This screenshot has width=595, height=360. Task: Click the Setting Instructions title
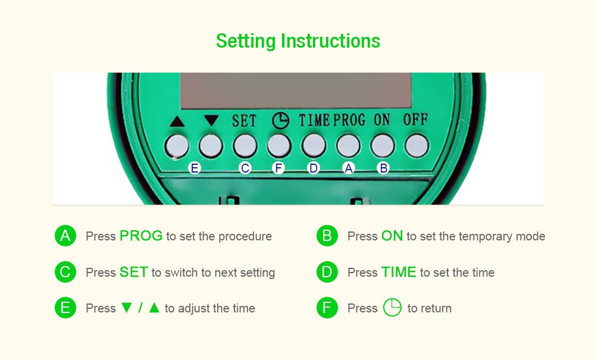coord(297,41)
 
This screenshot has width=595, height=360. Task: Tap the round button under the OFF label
coord(416,145)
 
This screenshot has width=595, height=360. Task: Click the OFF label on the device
coord(415,119)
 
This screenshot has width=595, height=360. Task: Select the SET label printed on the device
coord(244,120)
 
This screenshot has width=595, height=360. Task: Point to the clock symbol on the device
coord(280,120)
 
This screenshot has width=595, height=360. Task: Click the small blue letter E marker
coord(194,168)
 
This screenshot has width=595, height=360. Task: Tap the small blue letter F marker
coord(278,168)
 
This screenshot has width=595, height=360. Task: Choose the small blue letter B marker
coord(384,168)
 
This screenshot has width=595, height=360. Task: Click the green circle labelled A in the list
coord(65,236)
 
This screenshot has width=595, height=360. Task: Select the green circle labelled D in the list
coord(327,273)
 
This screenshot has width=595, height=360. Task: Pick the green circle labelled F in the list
coord(327,308)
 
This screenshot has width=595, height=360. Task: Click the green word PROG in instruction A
coord(141,236)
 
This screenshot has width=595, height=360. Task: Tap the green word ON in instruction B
coord(392,236)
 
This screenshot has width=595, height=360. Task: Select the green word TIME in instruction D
coord(399,273)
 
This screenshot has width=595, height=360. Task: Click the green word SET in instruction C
coord(133,273)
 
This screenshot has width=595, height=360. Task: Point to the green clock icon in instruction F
coord(392,308)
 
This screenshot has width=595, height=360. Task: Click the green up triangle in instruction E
coord(154,308)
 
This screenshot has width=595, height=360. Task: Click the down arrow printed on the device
coord(211,120)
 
